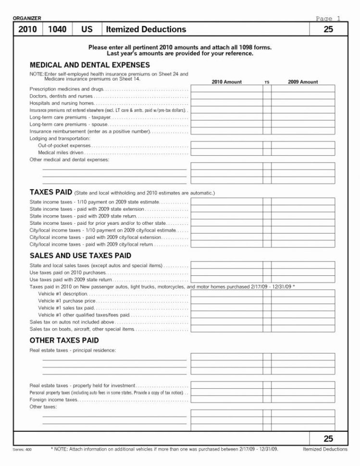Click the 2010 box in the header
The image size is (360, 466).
pyautogui.click(x=27, y=29)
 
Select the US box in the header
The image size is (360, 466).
pyautogui.click(x=87, y=29)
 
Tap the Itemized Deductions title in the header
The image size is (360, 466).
pyautogui.click(x=146, y=29)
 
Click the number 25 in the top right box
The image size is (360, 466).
pyautogui.click(x=328, y=29)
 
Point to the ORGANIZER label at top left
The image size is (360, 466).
pyautogui.click(x=26, y=18)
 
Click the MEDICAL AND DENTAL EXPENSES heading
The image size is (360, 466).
pyautogui.click(x=90, y=64)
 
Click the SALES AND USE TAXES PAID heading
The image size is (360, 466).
pyautogui.click(x=80, y=255)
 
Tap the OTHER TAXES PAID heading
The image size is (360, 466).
pyautogui.click(x=64, y=340)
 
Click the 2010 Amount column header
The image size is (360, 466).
pyautogui.click(x=226, y=82)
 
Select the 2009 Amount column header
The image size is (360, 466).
pyautogui.click(x=303, y=82)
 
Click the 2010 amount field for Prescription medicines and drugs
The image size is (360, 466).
pyautogui.click(x=226, y=89)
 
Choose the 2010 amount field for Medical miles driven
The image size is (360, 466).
pyautogui.click(x=226, y=152)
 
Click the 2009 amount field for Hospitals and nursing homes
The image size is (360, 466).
pyautogui.click(x=303, y=103)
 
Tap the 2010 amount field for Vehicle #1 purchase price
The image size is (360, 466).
pyautogui.click(x=226, y=300)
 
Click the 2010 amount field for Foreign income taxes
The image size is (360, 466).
pyautogui.click(x=226, y=399)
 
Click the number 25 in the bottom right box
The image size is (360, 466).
pyautogui.click(x=328, y=438)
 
